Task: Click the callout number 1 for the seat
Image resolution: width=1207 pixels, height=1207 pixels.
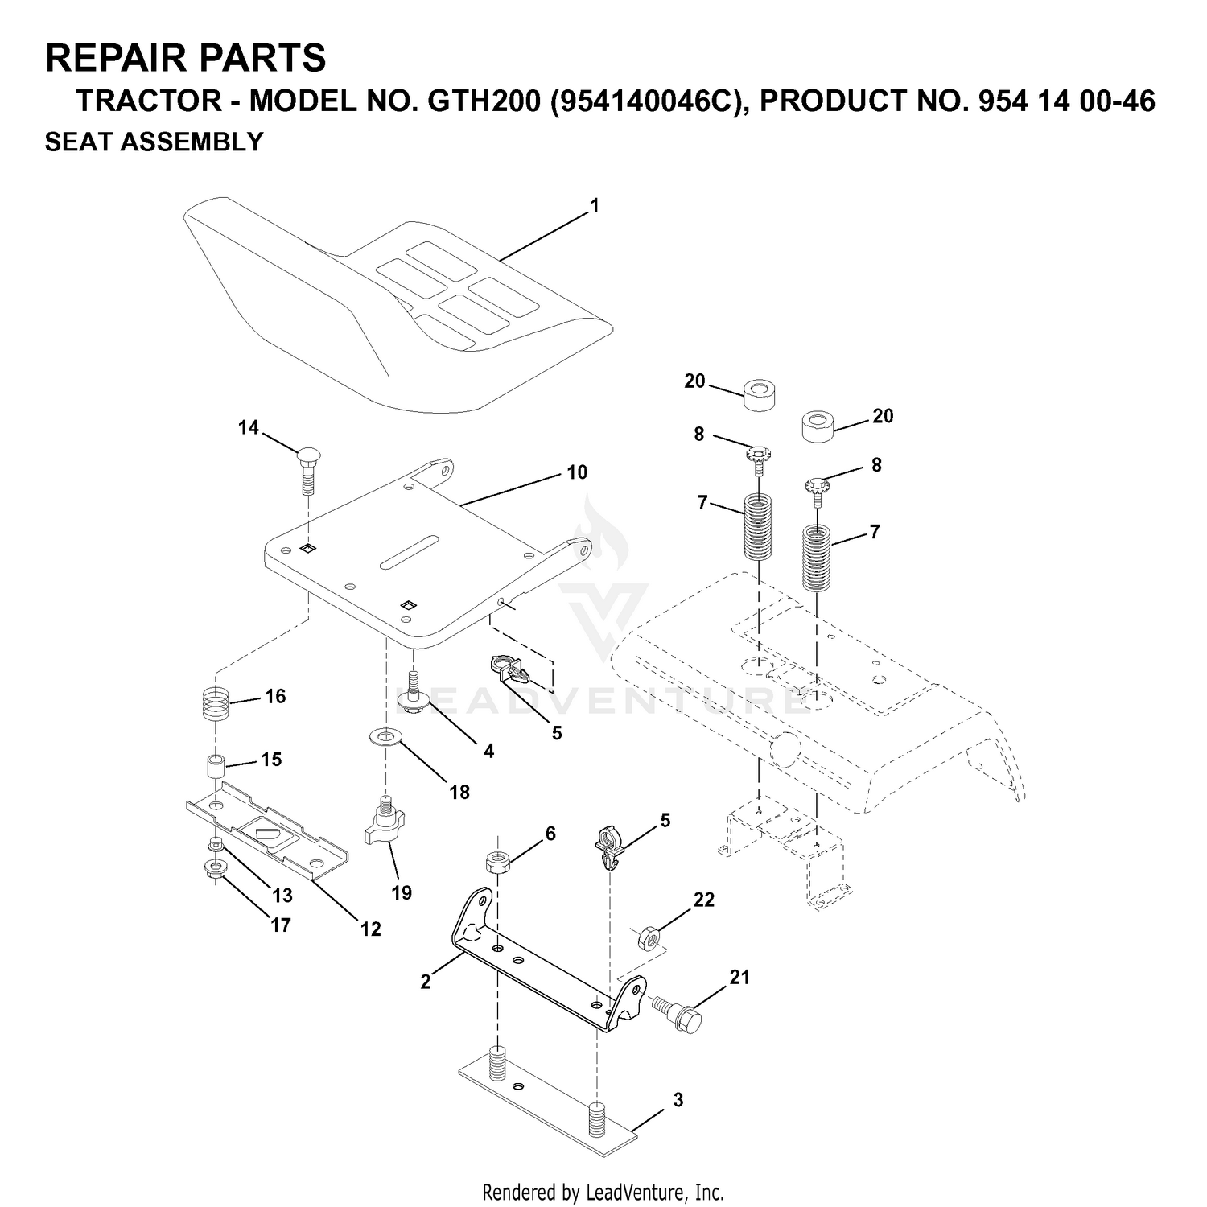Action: [595, 206]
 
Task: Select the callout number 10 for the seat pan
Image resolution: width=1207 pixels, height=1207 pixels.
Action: [577, 472]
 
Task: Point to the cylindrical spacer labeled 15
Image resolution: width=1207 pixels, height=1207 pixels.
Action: [213, 767]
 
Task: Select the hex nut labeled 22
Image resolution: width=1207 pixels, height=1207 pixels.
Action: [649, 937]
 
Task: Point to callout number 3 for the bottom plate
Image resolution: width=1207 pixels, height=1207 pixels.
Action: [678, 1099]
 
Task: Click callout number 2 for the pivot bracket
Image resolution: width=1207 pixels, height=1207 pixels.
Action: [426, 982]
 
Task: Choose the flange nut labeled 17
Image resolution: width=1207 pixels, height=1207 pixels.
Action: [215, 870]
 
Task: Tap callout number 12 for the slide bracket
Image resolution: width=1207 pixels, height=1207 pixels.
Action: [370, 929]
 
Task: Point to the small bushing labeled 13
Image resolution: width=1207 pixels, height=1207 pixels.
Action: [214, 844]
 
